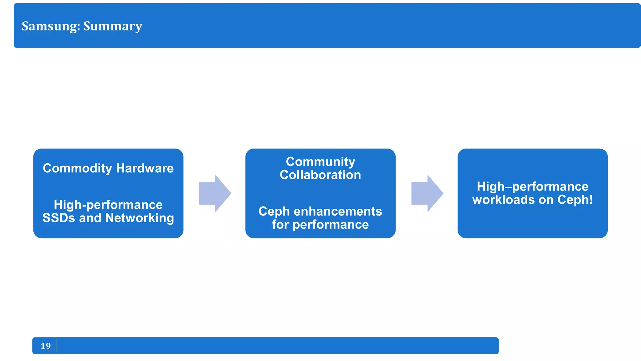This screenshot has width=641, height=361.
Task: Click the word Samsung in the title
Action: [x=50, y=26]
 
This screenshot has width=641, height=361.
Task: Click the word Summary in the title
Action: [x=113, y=26]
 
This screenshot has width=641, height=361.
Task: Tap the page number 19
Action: [x=46, y=346]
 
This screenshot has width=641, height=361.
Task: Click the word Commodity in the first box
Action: [x=77, y=168]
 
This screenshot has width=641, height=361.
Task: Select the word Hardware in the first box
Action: [x=145, y=168]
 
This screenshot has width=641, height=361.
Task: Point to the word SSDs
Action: [x=59, y=218]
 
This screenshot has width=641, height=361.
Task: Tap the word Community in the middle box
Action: [x=320, y=162]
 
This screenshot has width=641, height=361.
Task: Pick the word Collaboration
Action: [x=320, y=175]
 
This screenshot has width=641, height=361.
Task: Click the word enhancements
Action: [x=338, y=212]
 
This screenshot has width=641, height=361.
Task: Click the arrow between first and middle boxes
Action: [x=215, y=193]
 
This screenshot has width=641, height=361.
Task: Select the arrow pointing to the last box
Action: [x=427, y=193]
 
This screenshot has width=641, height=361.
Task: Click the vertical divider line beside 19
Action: [x=57, y=345]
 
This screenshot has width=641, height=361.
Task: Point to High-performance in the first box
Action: [x=108, y=205]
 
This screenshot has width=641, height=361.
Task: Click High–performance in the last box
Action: [x=532, y=186]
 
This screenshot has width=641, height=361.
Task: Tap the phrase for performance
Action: [x=320, y=225]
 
